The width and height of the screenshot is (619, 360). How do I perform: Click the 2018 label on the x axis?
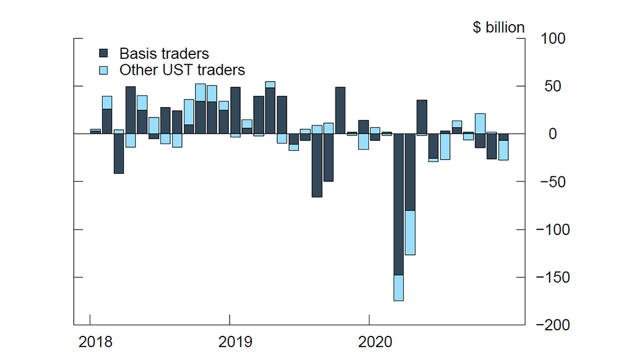[96, 342]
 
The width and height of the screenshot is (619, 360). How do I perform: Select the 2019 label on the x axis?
[235, 342]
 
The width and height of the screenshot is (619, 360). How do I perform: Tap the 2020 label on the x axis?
[375, 342]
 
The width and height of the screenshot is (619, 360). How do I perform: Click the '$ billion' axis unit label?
[498, 28]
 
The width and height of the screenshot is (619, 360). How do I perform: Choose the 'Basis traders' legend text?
[164, 54]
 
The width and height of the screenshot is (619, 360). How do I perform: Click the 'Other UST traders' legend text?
[182, 70]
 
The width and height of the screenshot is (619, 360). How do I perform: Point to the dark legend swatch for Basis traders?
[104, 54]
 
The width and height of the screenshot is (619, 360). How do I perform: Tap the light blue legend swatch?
[104, 70]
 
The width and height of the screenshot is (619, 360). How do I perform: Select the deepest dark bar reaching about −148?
[399, 204]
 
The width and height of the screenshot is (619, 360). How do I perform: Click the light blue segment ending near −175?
[399, 288]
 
